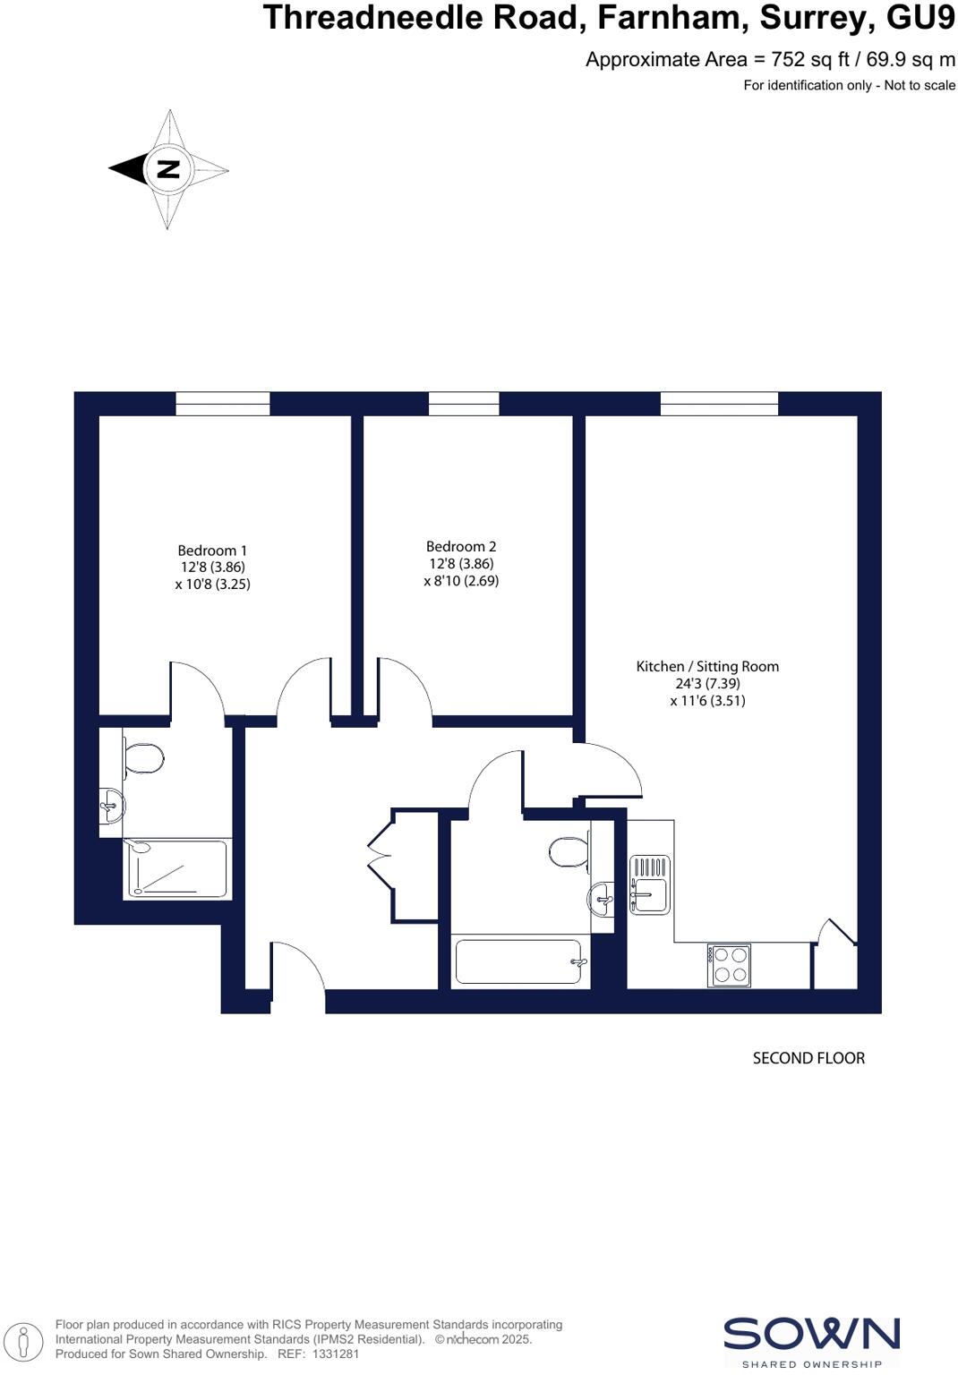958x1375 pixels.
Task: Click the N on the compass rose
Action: click(x=168, y=168)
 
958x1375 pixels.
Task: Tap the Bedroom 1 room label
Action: click(x=212, y=551)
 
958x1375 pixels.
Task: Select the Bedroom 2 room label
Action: click(x=461, y=546)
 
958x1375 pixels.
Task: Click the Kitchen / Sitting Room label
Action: click(x=707, y=666)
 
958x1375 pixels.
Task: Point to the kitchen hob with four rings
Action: click(x=729, y=965)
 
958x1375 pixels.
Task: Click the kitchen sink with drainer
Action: click(x=650, y=884)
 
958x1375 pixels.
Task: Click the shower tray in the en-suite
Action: click(x=176, y=868)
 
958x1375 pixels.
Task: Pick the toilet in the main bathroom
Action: click(x=569, y=851)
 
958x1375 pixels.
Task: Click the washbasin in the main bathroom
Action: click(x=603, y=896)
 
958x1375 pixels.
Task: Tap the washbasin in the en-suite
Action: click(x=112, y=805)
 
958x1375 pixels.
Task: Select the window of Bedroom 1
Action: click(x=222, y=404)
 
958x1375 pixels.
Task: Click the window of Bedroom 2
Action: click(x=464, y=404)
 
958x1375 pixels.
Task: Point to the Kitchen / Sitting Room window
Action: click(x=719, y=404)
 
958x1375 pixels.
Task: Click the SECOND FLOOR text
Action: click(x=808, y=1058)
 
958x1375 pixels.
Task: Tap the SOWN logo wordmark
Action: click(x=811, y=1334)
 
